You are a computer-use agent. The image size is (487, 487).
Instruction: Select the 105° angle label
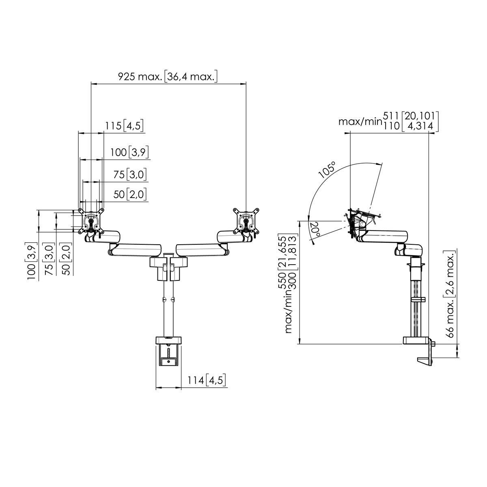pyautogui.click(x=328, y=170)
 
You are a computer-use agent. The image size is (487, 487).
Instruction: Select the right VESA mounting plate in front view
pyautogui.click(x=246, y=220)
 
